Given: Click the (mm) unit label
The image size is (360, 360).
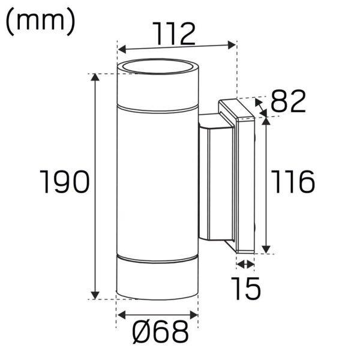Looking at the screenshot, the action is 40,22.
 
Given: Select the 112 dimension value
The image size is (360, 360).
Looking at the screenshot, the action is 175,34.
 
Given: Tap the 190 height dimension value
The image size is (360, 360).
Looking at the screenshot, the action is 64,181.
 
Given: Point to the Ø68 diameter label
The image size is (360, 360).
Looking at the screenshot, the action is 160,332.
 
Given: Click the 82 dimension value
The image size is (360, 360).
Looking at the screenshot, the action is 289,101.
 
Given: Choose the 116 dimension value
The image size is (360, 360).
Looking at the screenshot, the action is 293,182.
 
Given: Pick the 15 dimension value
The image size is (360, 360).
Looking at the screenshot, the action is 245,289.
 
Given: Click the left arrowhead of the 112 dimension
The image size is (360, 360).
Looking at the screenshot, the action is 121,49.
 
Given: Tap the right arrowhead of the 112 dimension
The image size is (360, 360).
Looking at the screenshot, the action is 232,45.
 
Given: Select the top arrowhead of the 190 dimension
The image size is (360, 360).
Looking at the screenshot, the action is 95,77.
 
